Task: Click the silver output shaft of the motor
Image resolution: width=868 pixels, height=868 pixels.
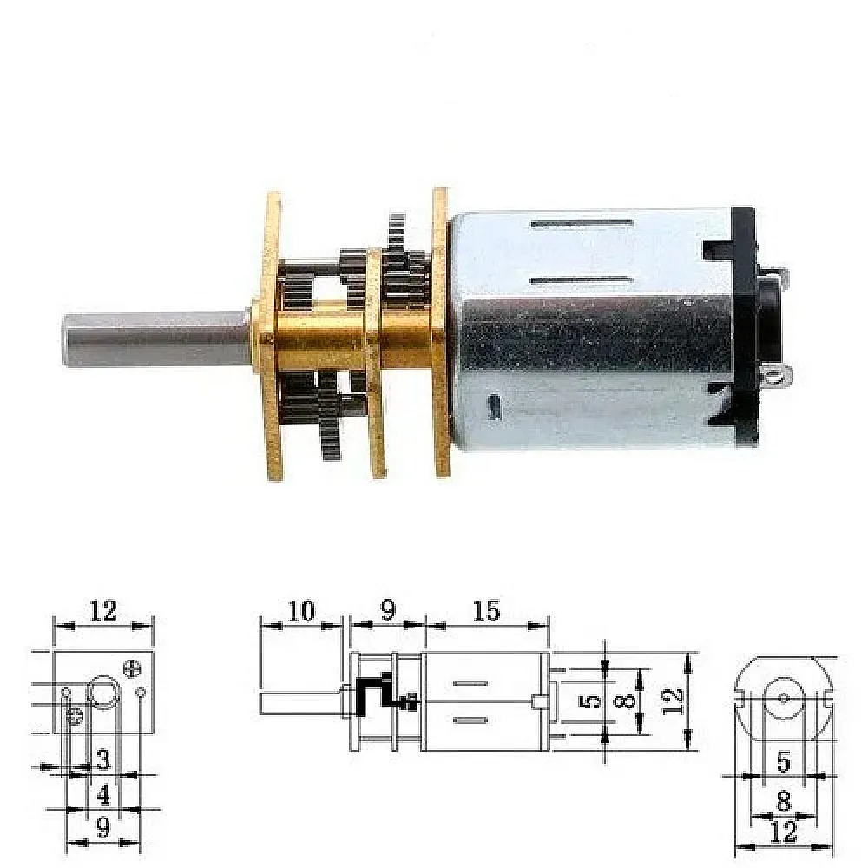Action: [158, 339]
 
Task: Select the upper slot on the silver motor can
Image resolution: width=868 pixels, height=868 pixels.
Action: [582, 224]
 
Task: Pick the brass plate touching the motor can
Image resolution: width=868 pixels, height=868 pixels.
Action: [441, 332]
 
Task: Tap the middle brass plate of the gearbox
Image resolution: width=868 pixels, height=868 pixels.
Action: [375, 363]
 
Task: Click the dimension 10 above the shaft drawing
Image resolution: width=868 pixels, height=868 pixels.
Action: [301, 612]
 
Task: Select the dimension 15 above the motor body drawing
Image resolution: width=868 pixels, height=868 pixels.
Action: [487, 611]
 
